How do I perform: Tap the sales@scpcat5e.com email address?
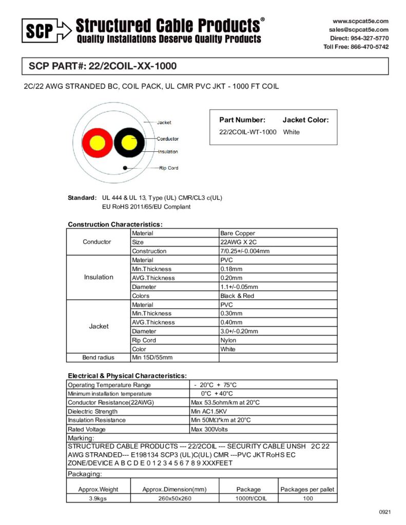359,30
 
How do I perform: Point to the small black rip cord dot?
125,167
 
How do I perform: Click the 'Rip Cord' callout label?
169,168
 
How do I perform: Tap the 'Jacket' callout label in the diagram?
164,123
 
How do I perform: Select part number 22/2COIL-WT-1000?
248,132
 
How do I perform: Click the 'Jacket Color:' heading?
305,120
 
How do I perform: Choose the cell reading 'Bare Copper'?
238,233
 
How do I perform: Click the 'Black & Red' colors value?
237,296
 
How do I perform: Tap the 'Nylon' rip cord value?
228,340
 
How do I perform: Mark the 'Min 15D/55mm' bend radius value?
152,357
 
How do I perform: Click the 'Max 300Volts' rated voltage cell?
209,429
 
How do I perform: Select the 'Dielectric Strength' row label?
93,411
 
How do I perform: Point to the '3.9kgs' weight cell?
98,498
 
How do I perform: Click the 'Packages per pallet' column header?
307,489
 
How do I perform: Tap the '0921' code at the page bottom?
385,512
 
